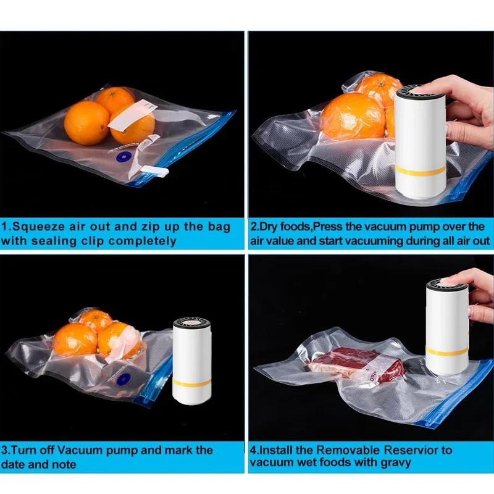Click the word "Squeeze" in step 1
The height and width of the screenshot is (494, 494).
coord(41,227)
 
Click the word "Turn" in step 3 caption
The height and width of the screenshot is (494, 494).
coord(30,450)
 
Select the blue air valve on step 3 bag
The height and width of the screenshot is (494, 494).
coord(122,377)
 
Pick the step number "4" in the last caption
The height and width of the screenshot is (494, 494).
coord(254,450)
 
